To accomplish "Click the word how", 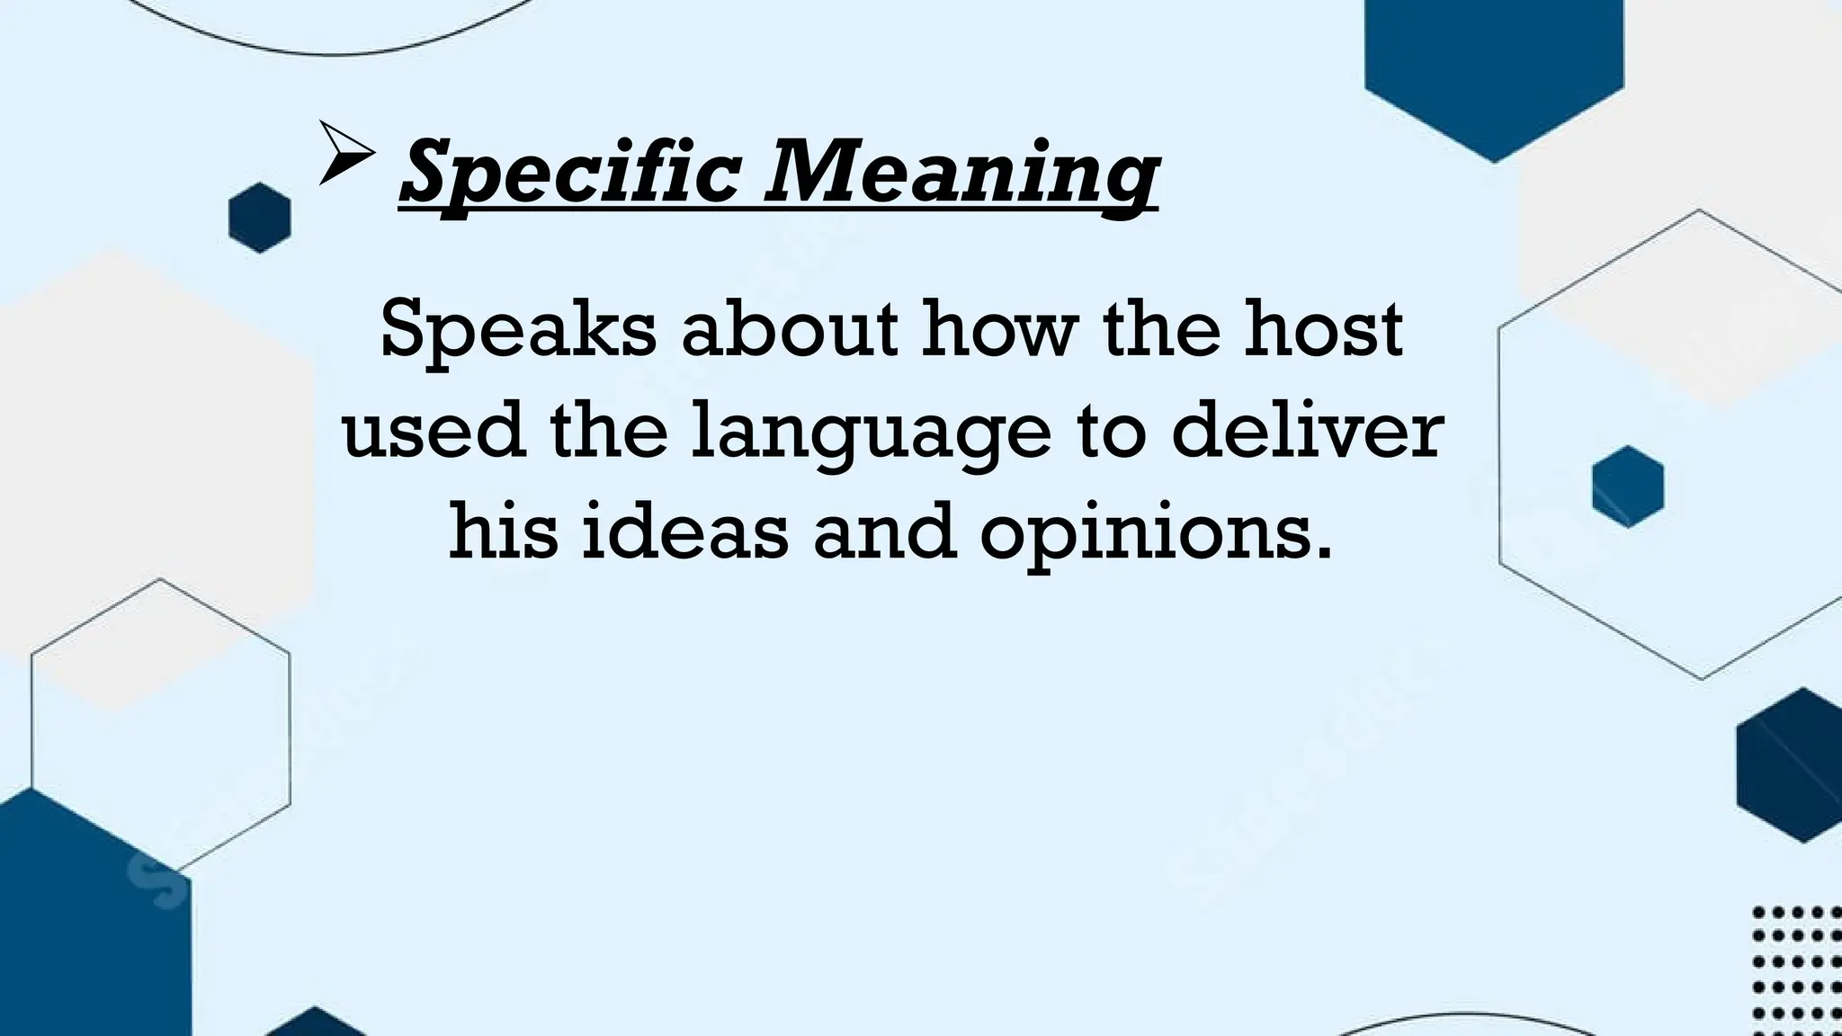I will point(999,330).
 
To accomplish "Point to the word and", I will point(884,532).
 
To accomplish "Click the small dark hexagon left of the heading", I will point(260,218).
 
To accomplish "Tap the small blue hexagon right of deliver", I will point(1627,487).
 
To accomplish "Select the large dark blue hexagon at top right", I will point(1494,67).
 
